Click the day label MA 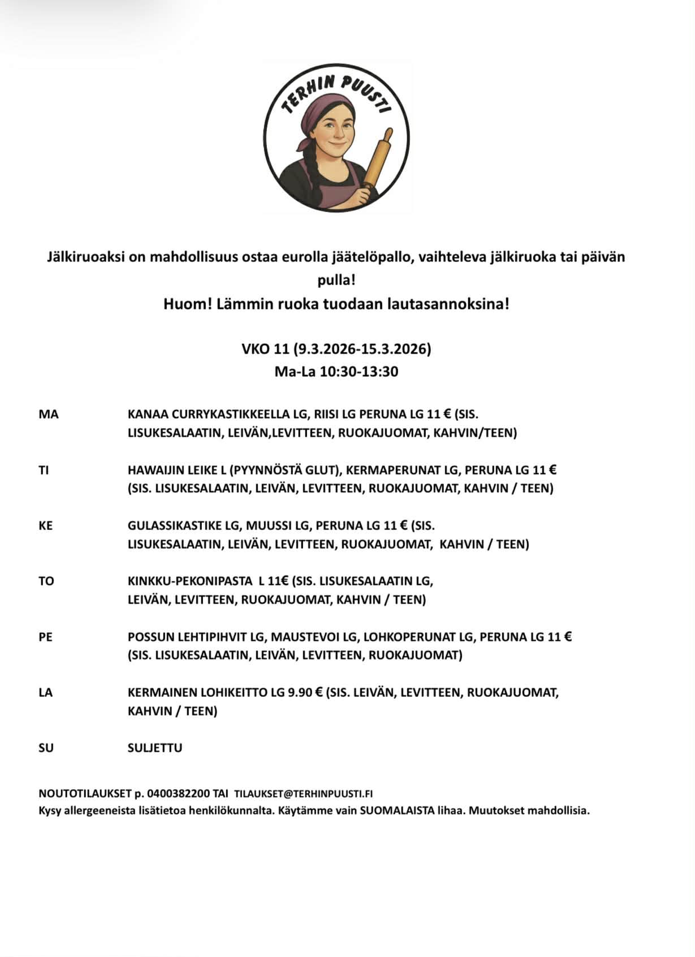coord(49,415)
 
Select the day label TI coord(44,470)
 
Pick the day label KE coord(45,525)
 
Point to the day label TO coord(46,581)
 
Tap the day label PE coord(45,637)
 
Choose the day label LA coord(45,692)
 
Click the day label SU coord(46,748)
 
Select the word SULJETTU coord(155,748)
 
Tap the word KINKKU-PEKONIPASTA coord(190,581)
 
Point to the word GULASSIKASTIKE coord(175,525)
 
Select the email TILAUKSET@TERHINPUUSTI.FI coord(303,794)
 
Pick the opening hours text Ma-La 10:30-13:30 coord(336,372)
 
